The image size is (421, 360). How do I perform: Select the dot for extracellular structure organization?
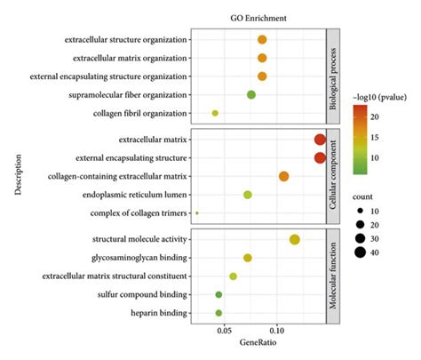(262, 40)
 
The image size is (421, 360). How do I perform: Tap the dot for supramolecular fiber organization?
(251, 95)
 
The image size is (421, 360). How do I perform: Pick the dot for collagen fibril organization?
(215, 114)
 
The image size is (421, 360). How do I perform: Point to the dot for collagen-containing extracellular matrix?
(284, 177)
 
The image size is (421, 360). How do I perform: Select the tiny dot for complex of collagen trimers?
(197, 213)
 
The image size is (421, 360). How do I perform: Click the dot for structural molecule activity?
(295, 239)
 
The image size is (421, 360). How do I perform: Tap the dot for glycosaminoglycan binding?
(248, 258)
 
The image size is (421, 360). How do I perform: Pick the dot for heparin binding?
(218, 313)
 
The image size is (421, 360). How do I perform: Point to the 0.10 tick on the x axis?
(277, 331)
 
